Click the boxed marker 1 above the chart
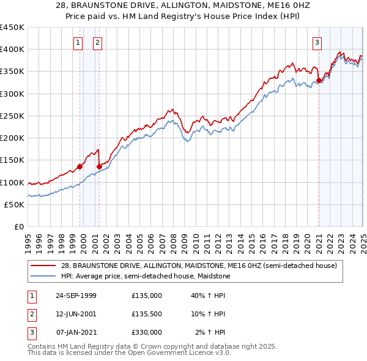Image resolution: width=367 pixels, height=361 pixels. coord(78,42)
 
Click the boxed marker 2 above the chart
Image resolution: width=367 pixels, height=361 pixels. coord(97,42)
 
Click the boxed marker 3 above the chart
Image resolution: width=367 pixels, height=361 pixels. coord(317,42)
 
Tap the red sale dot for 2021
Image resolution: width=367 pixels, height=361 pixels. coord(319,80)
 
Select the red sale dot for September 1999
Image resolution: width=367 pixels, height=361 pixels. coord(80,166)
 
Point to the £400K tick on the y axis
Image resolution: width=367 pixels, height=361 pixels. coord(12,50)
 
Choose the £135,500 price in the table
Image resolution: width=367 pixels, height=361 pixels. coord(146,314)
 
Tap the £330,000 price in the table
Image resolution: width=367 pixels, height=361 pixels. coord(146,332)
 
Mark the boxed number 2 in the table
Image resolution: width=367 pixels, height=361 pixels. coord(31,314)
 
